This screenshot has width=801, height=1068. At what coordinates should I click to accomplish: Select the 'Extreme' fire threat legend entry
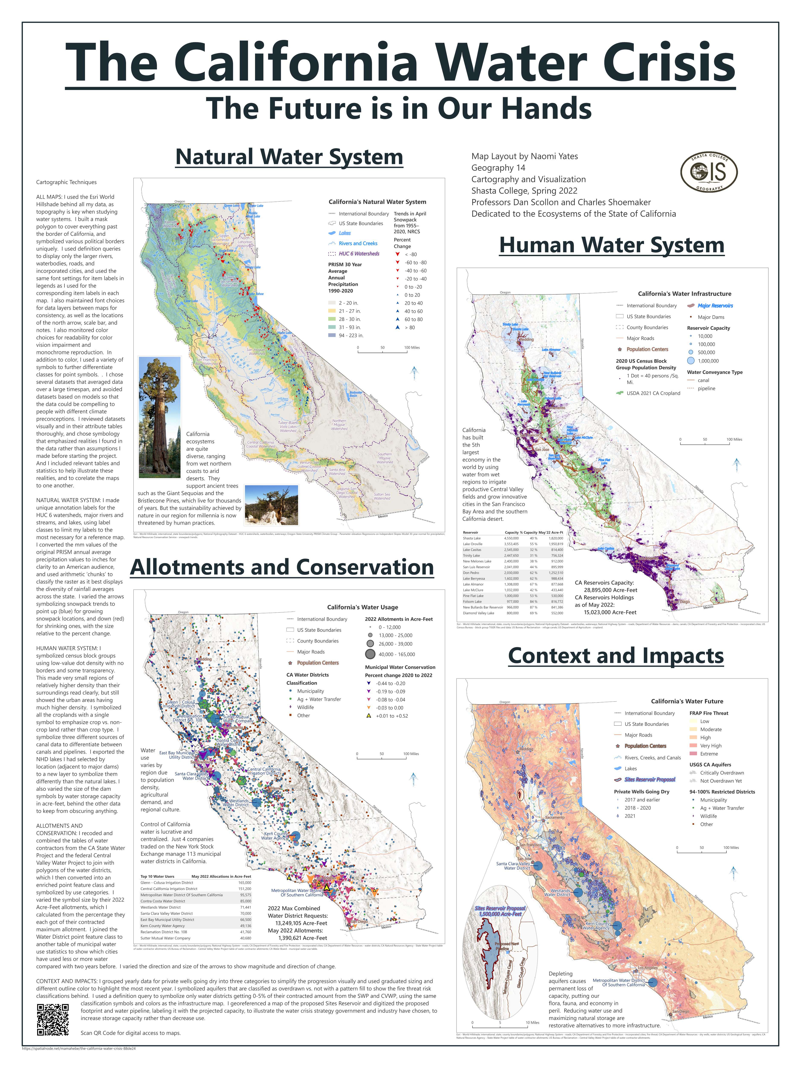click(x=709, y=754)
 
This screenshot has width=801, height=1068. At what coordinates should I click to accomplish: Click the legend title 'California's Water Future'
click(x=687, y=701)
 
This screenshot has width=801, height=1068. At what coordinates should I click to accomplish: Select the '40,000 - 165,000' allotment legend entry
click(x=396, y=654)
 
